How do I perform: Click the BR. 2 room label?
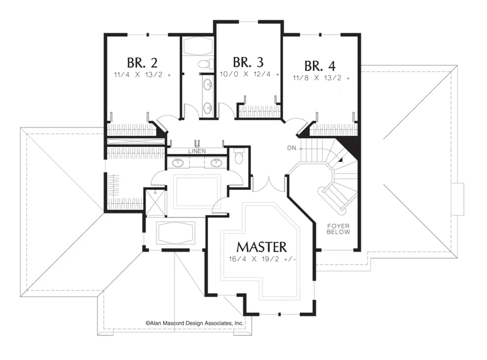pos(142,63)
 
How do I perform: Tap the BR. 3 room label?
pos(248,62)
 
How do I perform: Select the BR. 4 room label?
pos(320,66)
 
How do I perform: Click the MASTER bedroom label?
pos(262,247)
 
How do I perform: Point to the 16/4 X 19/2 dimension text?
pos(263,259)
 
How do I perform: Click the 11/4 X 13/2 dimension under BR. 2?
pos(142,75)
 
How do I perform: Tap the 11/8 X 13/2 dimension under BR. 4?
pos(321,78)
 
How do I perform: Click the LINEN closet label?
pos(197,151)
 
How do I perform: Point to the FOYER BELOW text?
pos(338,229)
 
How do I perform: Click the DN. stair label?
pos(292,148)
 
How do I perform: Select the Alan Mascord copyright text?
pos(195,323)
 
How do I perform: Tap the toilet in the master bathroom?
pos(239,156)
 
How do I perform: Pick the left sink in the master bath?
pos(178,162)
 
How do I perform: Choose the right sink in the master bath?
pos(215,162)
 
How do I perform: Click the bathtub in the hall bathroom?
pos(197,46)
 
